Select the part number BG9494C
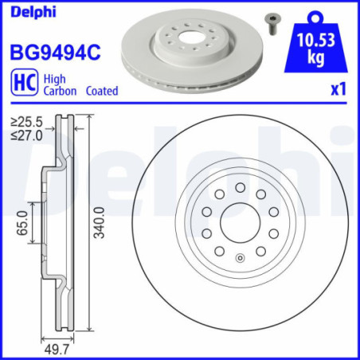coord(53,53)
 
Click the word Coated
coord(100,91)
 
